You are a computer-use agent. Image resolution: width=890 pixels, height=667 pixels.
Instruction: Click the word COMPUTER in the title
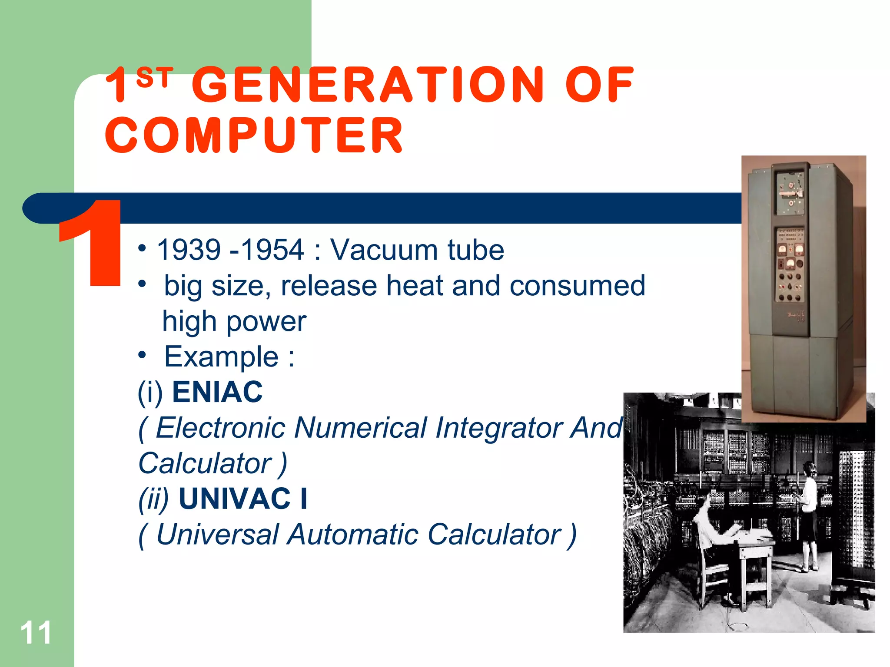click(x=254, y=135)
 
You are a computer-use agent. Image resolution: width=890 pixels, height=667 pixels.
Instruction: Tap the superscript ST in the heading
click(x=154, y=78)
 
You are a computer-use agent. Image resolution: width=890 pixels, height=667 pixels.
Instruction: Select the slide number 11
click(x=36, y=633)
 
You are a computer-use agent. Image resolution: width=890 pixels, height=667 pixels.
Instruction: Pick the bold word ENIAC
click(x=217, y=392)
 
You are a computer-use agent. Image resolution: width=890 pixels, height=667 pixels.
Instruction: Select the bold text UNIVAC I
click(x=243, y=499)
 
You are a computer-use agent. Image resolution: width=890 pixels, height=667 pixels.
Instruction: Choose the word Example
click(x=221, y=357)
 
